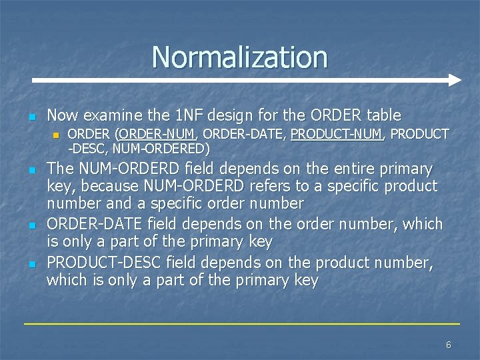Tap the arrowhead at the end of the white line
455,80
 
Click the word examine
111,115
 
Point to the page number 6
448,345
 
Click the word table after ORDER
382,115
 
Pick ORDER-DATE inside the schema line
254,134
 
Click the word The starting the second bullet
59,169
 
